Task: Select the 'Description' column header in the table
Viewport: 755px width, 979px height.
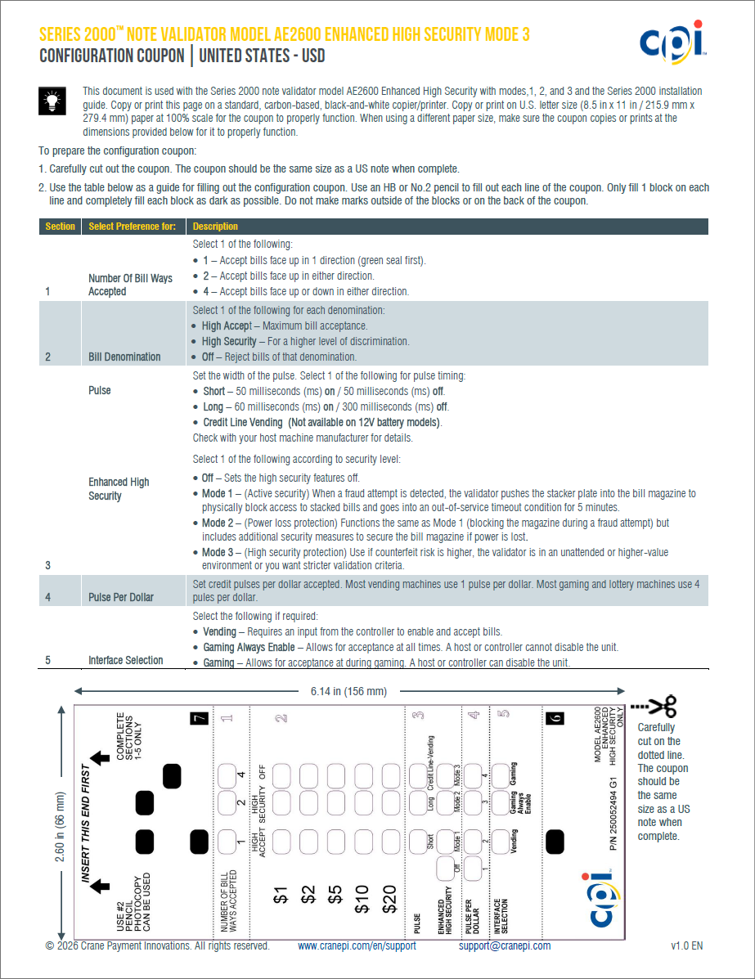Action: click(x=215, y=227)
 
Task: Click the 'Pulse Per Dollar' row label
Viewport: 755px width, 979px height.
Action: click(x=121, y=597)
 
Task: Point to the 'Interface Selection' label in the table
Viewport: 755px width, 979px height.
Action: click(x=126, y=660)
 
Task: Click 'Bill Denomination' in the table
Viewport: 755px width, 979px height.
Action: click(x=124, y=357)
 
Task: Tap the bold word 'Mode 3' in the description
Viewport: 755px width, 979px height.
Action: click(x=218, y=553)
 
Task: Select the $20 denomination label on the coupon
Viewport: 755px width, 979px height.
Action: click(x=389, y=898)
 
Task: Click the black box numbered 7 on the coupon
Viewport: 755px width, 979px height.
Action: click(x=198, y=718)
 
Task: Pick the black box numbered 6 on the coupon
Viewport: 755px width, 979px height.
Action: click(x=555, y=718)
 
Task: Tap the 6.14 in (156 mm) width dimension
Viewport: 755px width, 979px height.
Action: click(x=348, y=692)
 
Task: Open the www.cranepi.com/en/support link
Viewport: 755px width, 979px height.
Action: click(x=357, y=946)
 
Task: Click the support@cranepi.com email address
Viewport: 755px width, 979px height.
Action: click(x=505, y=946)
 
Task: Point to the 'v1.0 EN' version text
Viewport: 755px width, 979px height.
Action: click(x=687, y=946)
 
